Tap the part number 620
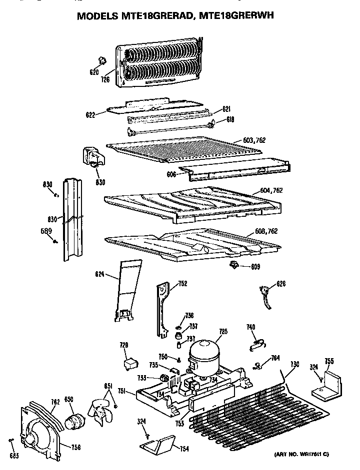(94, 72)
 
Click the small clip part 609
(234, 264)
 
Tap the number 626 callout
(281, 284)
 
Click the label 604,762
(271, 190)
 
